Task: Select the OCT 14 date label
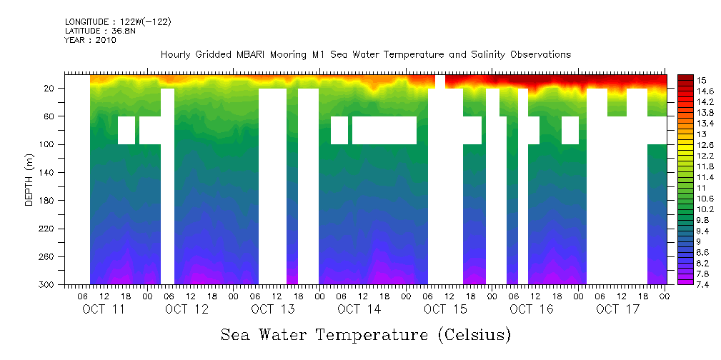point(359,309)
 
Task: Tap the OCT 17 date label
point(617,309)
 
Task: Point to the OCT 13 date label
point(272,309)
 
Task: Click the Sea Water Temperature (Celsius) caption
point(366,334)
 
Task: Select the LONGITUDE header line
point(118,21)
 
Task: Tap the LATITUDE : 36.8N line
point(102,31)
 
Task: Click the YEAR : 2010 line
point(90,40)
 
